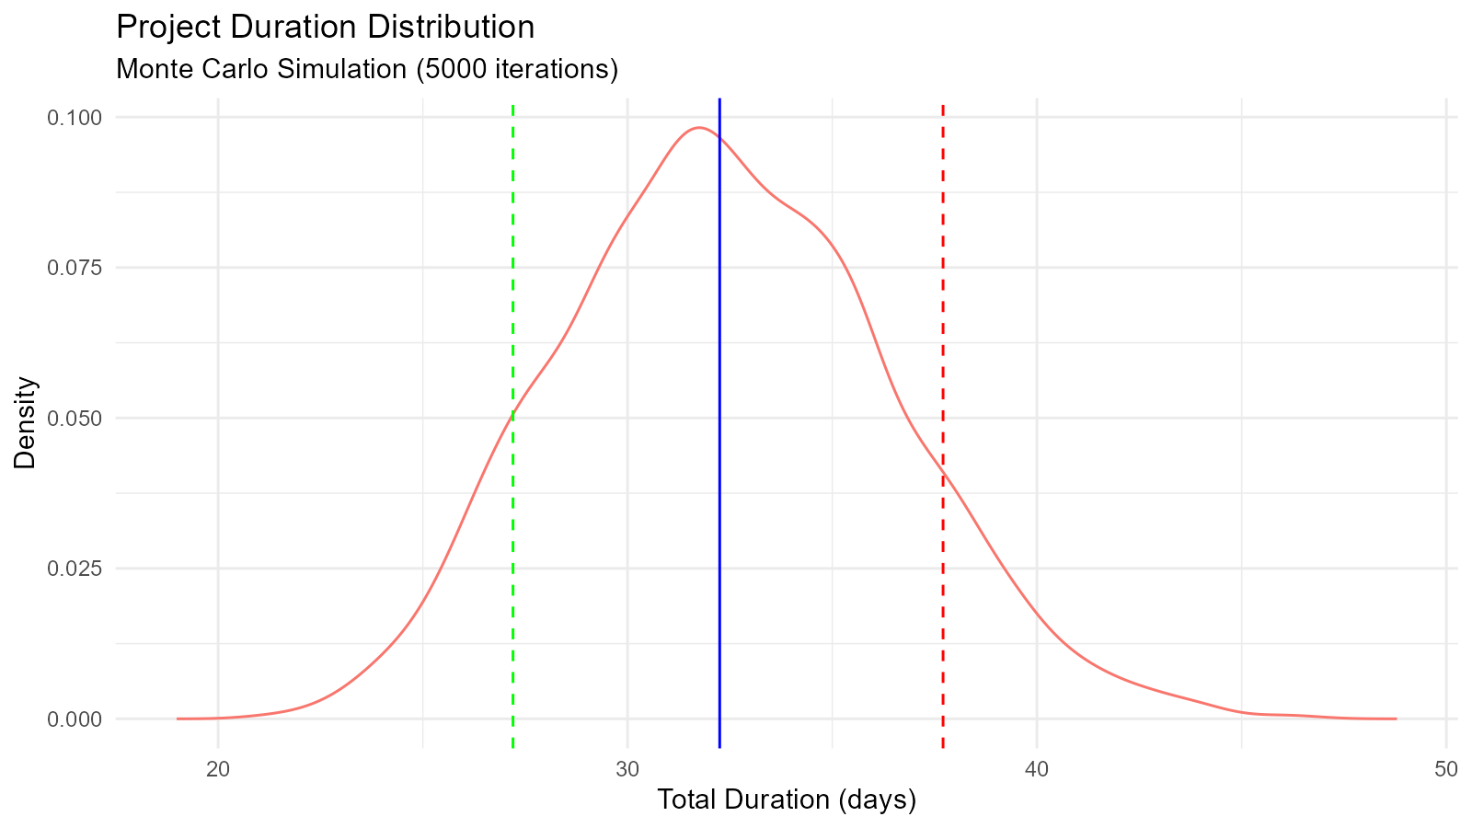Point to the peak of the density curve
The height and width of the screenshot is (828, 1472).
[699, 128]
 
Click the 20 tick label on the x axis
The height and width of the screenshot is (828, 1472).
[218, 769]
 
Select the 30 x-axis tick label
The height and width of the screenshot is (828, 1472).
[627, 769]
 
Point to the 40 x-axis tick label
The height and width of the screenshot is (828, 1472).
[1037, 769]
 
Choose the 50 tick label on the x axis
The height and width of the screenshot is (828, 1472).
[1446, 769]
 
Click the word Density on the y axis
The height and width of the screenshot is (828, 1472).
[26, 423]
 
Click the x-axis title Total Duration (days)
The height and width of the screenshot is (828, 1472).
[787, 800]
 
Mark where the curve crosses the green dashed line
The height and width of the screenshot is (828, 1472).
[512, 416]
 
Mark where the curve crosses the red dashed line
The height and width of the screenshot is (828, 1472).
[943, 472]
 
